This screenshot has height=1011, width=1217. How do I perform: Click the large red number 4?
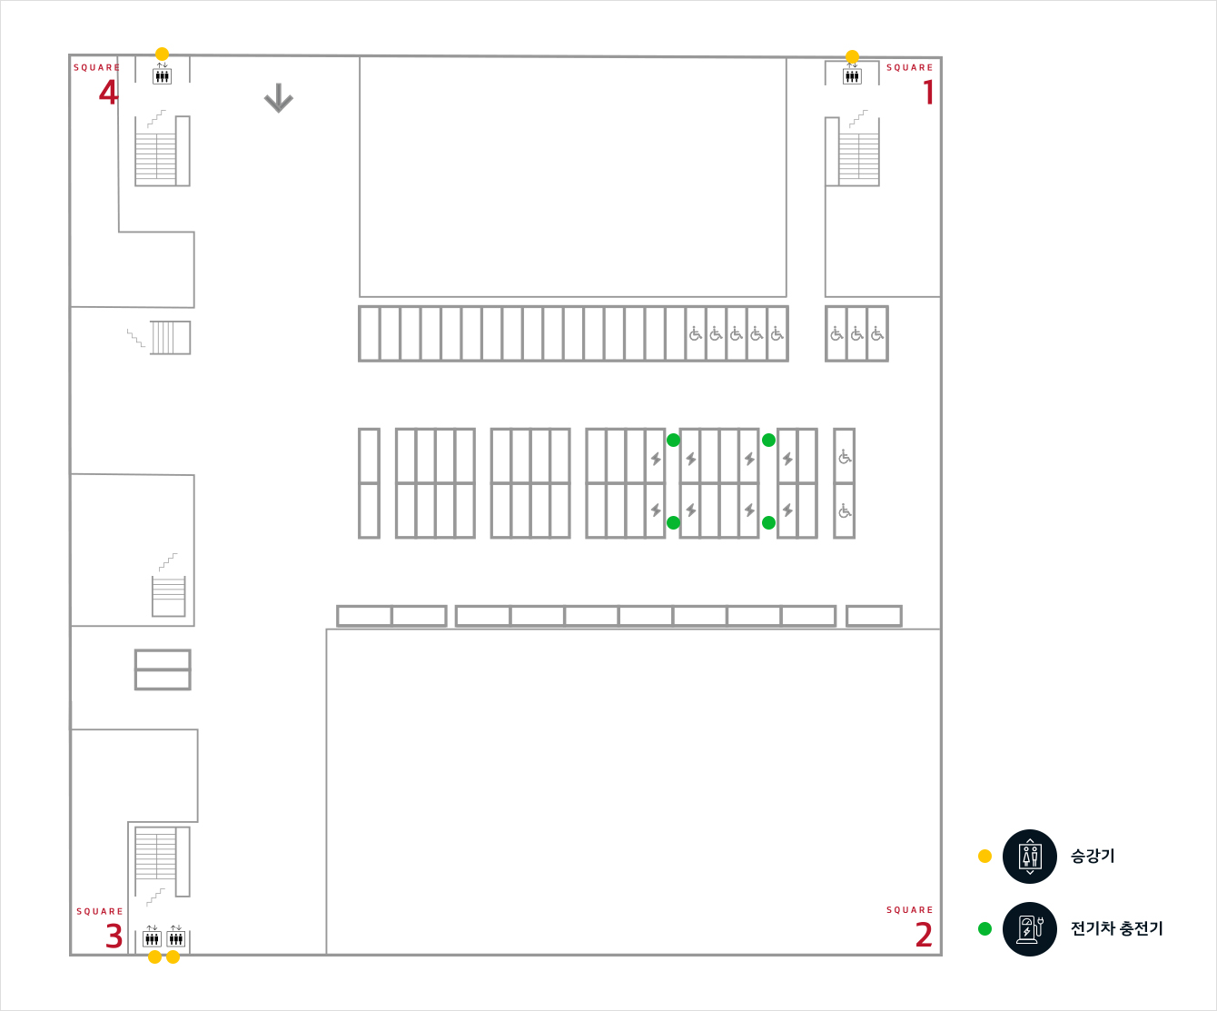(x=108, y=93)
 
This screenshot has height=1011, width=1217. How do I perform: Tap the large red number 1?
(x=928, y=93)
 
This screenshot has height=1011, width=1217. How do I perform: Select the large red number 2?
(x=924, y=935)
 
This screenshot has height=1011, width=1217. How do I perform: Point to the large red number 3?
(x=114, y=937)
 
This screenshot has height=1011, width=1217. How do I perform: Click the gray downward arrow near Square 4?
(x=278, y=98)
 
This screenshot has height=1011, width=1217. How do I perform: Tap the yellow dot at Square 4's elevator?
(x=162, y=54)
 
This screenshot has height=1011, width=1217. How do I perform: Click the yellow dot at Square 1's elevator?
(x=852, y=56)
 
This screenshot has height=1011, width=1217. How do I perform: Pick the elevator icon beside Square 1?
(x=852, y=75)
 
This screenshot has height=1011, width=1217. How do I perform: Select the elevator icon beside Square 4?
(x=162, y=75)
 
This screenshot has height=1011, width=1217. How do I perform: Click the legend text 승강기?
(x=1093, y=857)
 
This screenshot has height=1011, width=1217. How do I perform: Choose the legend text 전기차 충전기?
(x=1116, y=929)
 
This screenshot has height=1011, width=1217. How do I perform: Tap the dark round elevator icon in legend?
(x=1030, y=857)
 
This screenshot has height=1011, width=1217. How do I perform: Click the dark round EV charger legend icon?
(x=1030, y=929)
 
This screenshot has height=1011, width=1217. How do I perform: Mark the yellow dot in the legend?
(x=984, y=857)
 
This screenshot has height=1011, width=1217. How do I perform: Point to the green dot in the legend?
(x=984, y=929)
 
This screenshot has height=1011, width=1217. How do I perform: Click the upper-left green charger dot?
(x=673, y=440)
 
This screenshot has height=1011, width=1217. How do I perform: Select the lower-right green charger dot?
(x=768, y=522)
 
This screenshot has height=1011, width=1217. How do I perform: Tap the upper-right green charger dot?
(x=768, y=440)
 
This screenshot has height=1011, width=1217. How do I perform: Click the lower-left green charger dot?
(x=673, y=522)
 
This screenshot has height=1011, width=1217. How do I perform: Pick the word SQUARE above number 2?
(x=909, y=910)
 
